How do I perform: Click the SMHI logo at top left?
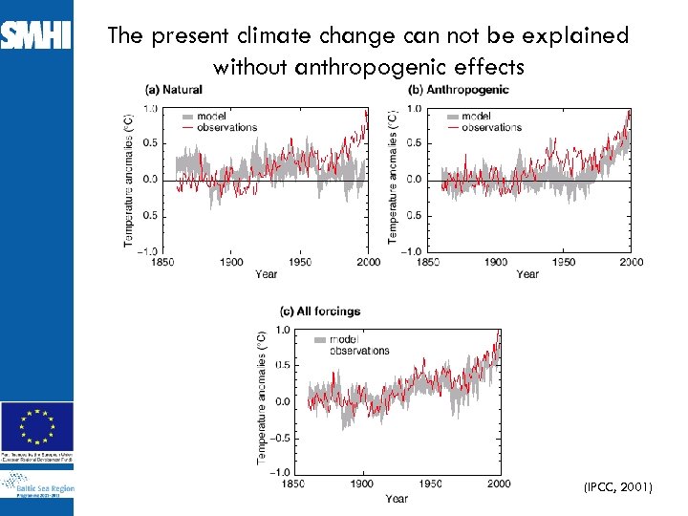[x=35, y=35]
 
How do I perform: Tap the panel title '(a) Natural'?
[x=173, y=90]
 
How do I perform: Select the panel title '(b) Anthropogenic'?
[x=459, y=90]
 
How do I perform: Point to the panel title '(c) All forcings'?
[x=319, y=311]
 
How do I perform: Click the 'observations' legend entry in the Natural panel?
[x=227, y=127]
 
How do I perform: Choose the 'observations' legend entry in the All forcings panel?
[x=360, y=351]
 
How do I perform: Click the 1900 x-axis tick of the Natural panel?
[x=231, y=262]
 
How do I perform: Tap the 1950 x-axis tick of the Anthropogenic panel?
[x=563, y=262]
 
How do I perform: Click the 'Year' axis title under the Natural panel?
[x=267, y=274]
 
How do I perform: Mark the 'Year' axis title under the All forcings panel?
[x=397, y=498]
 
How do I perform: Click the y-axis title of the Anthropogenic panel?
[x=393, y=174]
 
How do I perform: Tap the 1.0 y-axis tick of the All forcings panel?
[x=282, y=331]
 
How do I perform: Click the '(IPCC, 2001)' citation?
[x=617, y=487]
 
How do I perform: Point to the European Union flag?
[x=36, y=425]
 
